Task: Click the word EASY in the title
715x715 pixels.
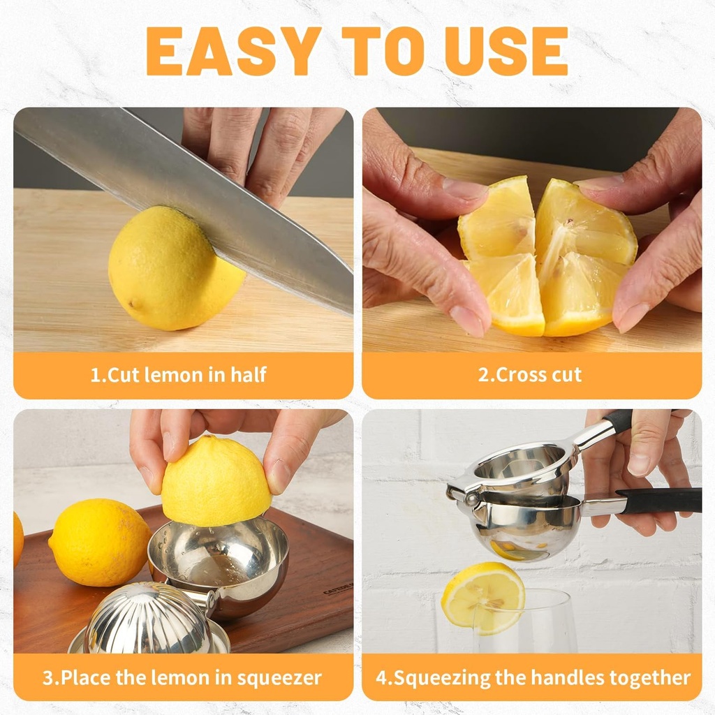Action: click(223, 51)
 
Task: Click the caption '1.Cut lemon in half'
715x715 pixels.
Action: click(179, 374)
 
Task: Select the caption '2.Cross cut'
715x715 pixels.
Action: click(530, 374)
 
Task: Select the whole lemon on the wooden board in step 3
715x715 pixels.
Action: click(99, 543)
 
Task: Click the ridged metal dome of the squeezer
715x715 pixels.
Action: click(148, 618)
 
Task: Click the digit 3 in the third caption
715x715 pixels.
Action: click(47, 677)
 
